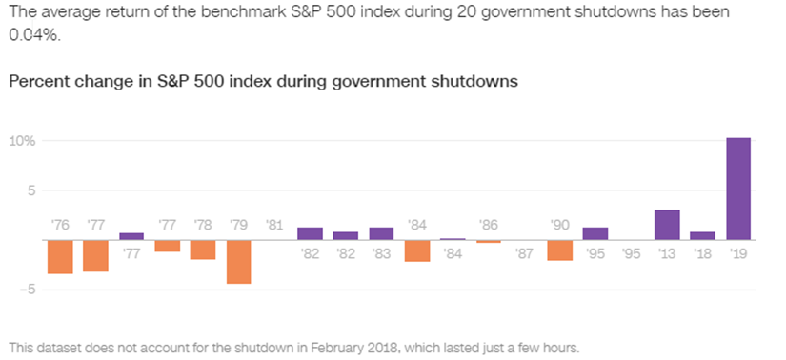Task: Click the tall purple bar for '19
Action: pos(738,189)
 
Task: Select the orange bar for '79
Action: pos(239,261)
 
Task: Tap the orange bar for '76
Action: pos(60,256)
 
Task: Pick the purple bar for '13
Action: pos(667,225)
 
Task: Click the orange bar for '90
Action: pos(560,250)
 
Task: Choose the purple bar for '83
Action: pos(381,233)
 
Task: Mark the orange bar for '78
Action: pos(203,250)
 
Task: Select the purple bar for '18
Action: pos(702,235)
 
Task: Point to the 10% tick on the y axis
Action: pos(23,141)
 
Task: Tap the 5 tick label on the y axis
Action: pos(30,190)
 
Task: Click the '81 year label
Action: pos(274,226)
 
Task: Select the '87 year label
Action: pos(524,253)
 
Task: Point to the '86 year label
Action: pos(489,226)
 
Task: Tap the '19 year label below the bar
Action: pos(738,253)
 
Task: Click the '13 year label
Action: pos(667,253)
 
